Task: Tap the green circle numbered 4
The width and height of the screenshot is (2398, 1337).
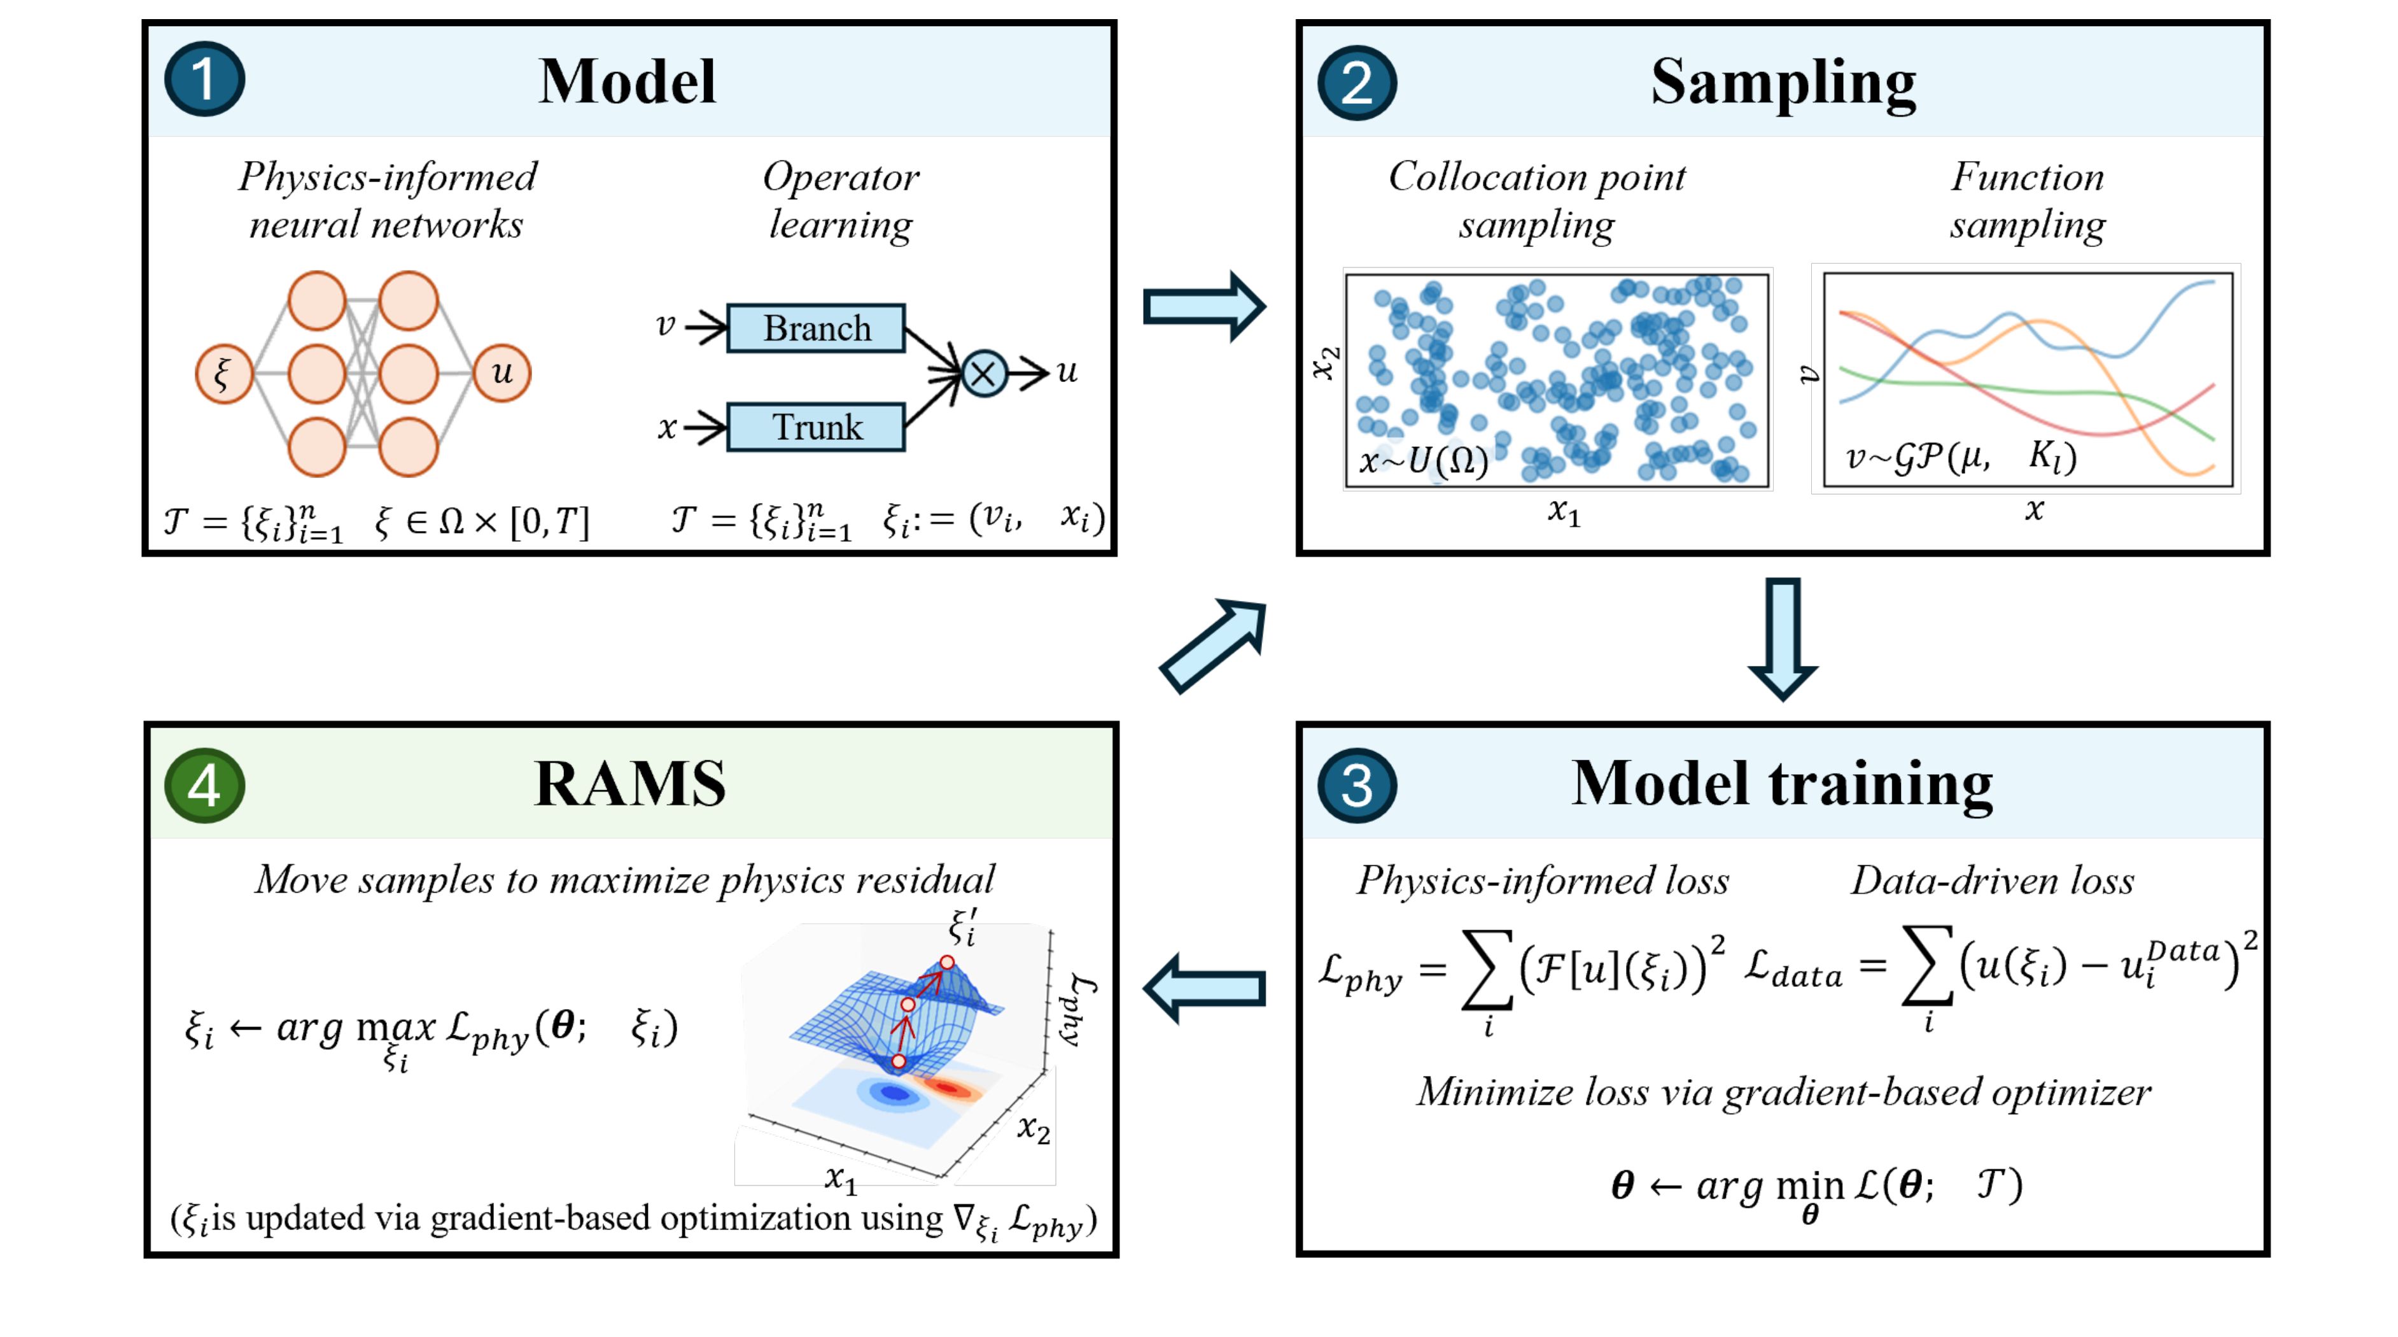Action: click(x=204, y=785)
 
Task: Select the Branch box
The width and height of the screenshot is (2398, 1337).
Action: click(x=815, y=328)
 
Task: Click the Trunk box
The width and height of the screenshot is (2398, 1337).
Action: click(x=815, y=427)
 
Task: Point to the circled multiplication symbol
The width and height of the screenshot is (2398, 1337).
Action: click(x=984, y=373)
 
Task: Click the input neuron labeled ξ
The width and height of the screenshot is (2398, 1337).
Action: click(x=223, y=373)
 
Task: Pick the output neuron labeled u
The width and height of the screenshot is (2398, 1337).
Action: click(x=501, y=372)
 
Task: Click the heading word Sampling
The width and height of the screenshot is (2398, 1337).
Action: click(x=1783, y=82)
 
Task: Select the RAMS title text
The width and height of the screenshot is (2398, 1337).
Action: click(x=629, y=783)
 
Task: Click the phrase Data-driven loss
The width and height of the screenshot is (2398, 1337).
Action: click(x=1992, y=880)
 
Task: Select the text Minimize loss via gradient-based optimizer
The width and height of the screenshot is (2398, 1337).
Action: click(x=1783, y=1091)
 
